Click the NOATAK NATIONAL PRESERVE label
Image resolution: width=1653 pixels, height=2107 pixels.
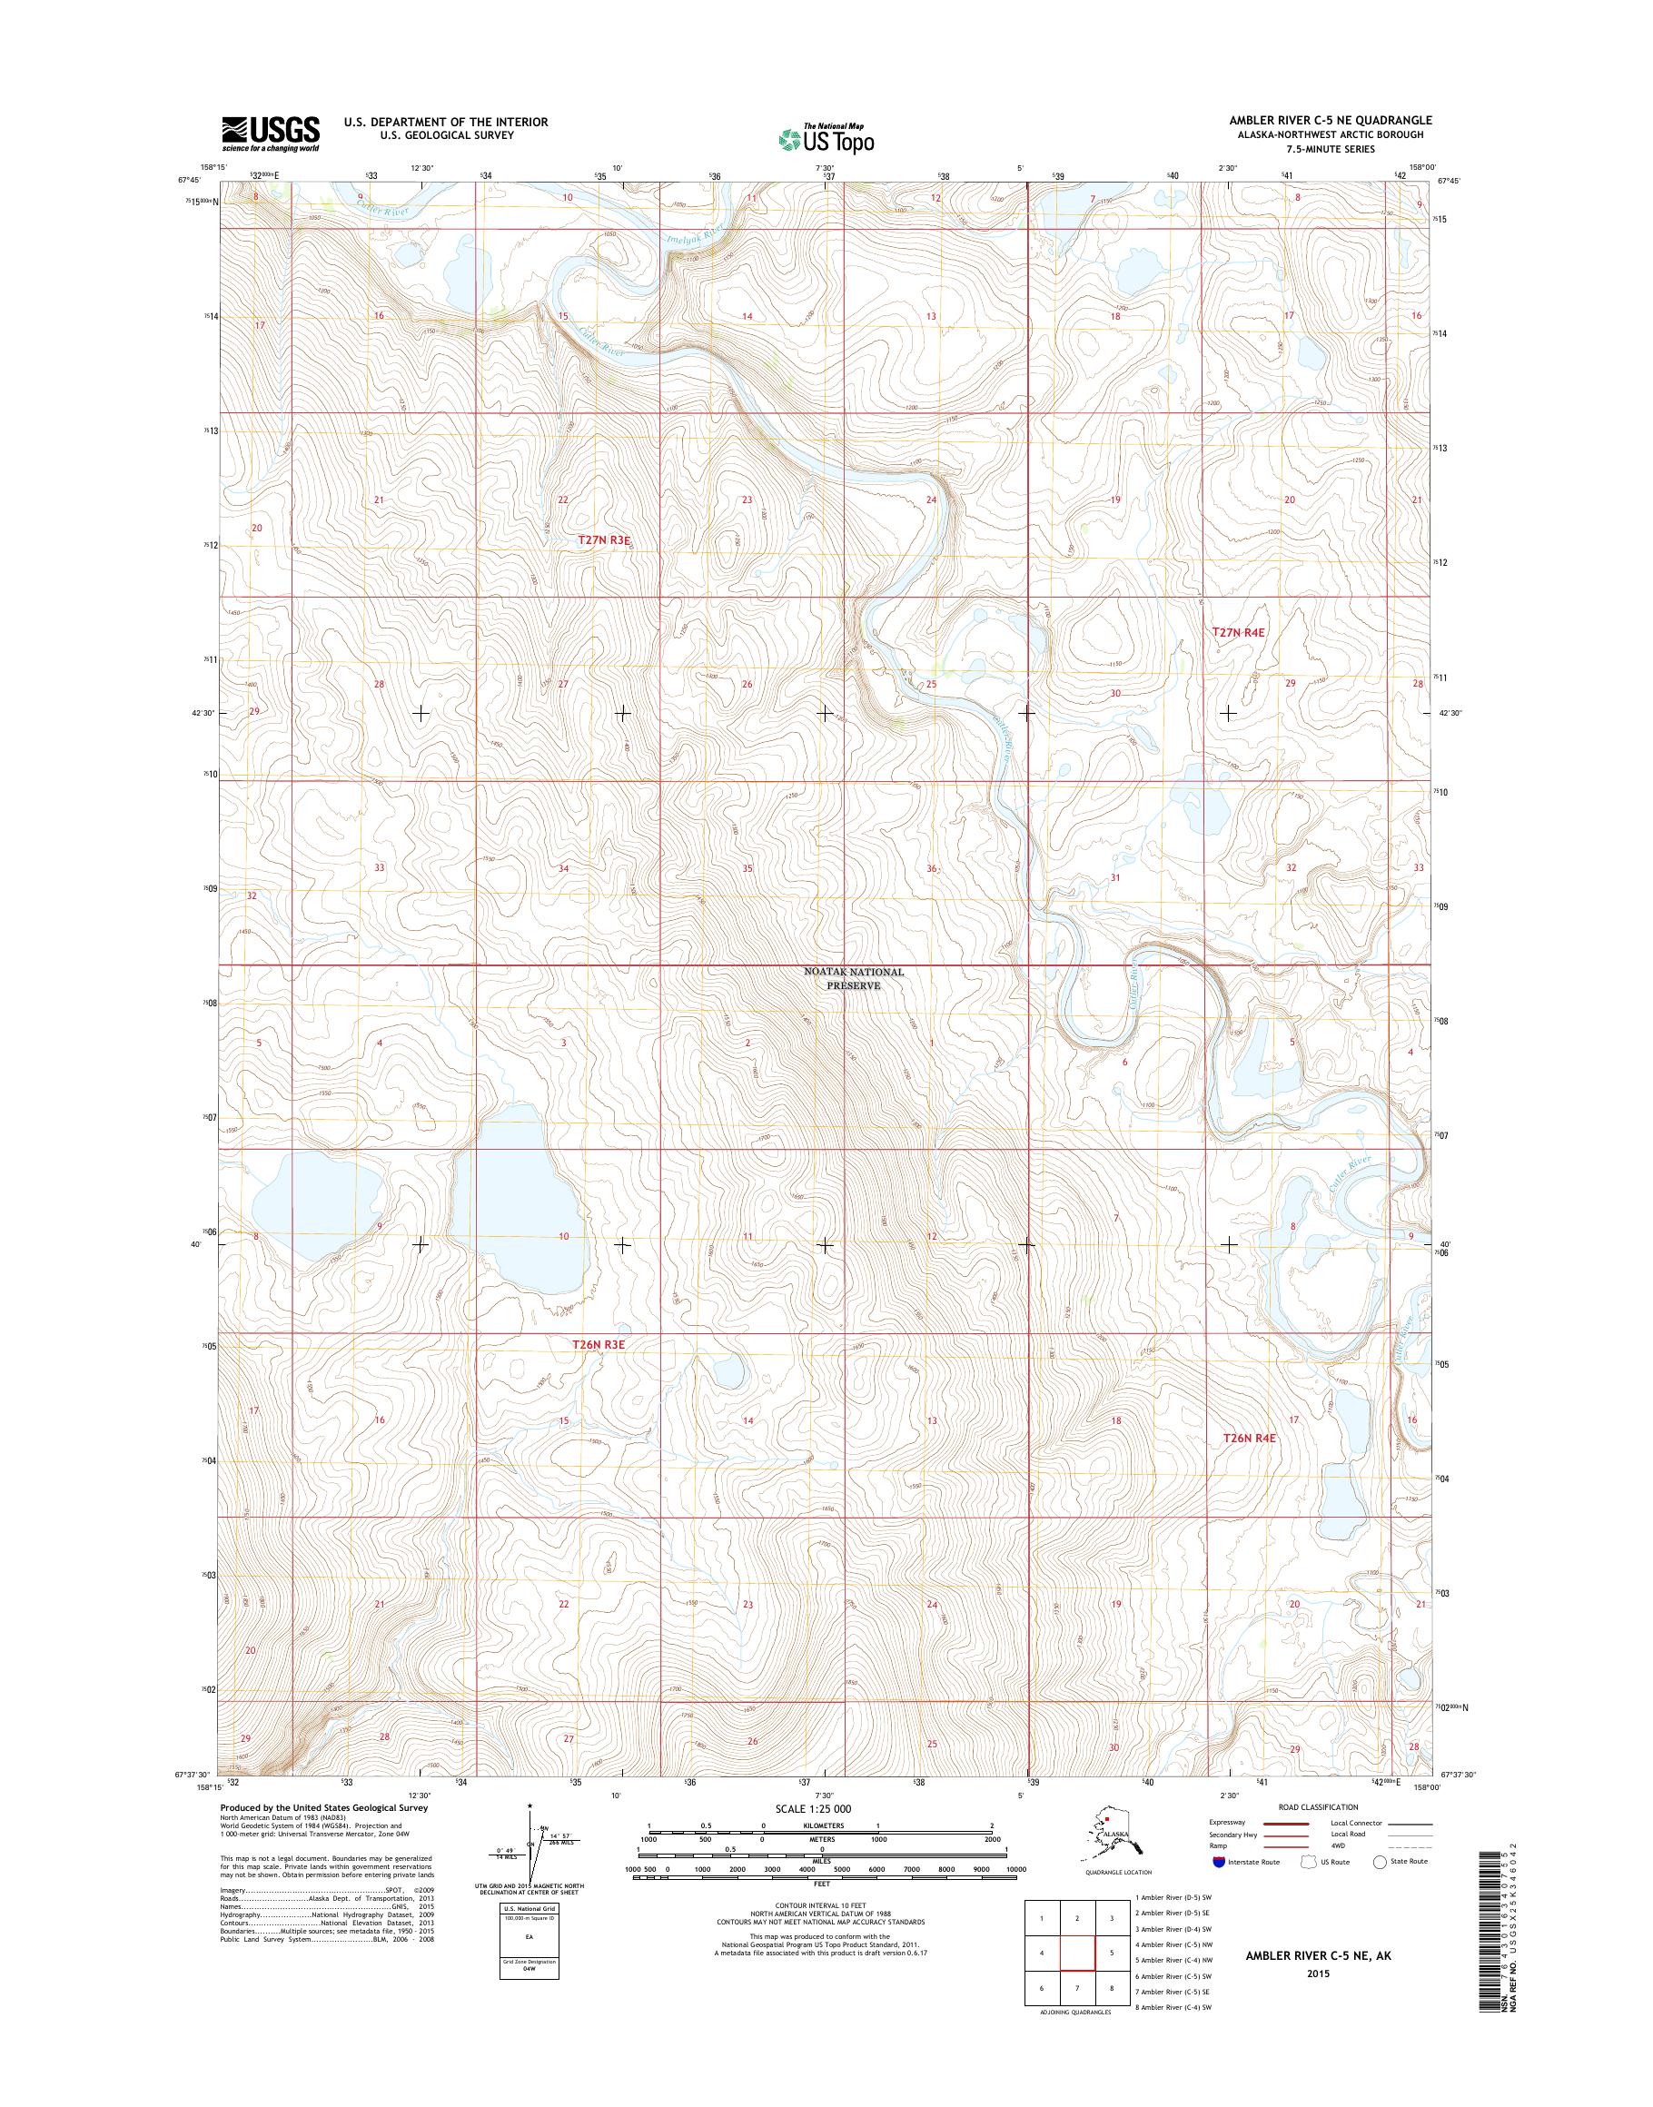click(x=854, y=978)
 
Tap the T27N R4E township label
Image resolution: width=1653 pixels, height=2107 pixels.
click(x=1239, y=632)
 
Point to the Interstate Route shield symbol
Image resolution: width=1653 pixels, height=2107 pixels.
click(x=1216, y=1861)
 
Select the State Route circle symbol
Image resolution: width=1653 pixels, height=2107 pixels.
click(x=1381, y=1861)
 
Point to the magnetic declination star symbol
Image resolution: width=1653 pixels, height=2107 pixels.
click(x=530, y=1806)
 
